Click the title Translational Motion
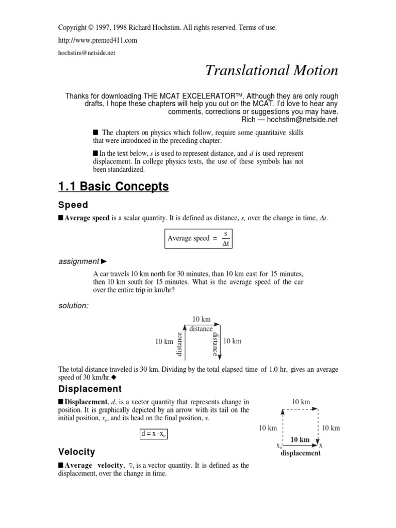(x=272, y=71)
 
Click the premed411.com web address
(x=97, y=40)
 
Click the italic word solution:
(x=73, y=306)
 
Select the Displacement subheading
(x=90, y=389)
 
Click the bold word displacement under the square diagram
(x=301, y=453)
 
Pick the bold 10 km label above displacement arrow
(x=301, y=440)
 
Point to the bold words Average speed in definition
(x=87, y=218)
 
